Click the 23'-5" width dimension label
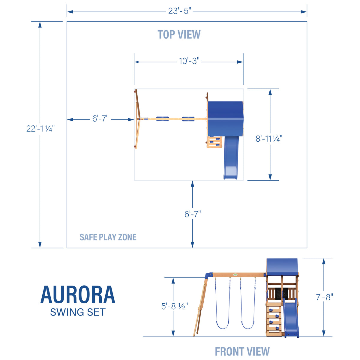tap(179, 12)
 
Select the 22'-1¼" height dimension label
tap(40, 128)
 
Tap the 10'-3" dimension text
tap(189, 61)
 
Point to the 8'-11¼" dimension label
tap(269, 139)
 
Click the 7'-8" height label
tap(324, 297)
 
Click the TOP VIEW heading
tap(179, 34)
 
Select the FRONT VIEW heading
tap(242, 351)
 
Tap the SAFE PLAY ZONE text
tap(108, 237)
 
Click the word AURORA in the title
tap(78, 295)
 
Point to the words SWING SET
tap(78, 312)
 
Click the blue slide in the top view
tap(231, 157)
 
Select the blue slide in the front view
tap(291, 319)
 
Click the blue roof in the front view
tap(282, 267)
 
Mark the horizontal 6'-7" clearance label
tap(100, 119)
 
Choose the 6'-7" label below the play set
tap(192, 214)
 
